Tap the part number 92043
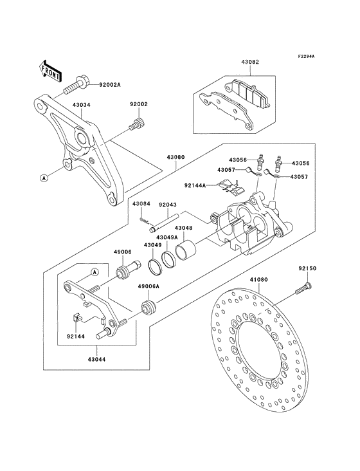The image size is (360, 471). pos(167,206)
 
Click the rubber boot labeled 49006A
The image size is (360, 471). pos(149,306)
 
